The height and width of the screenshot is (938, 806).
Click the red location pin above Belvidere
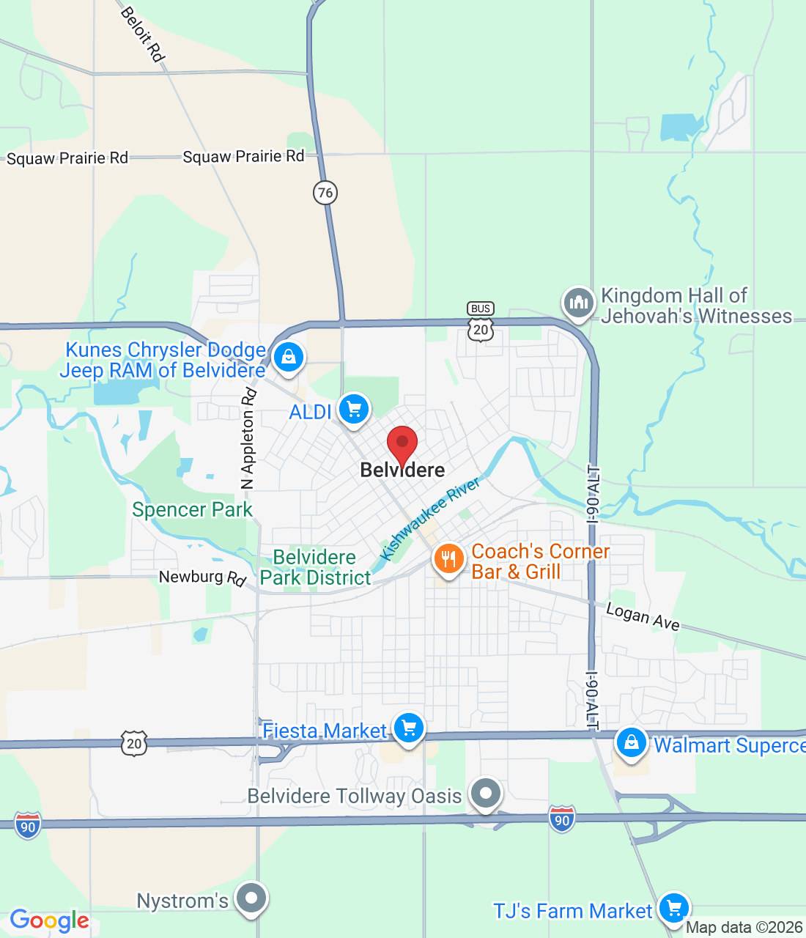pos(402,443)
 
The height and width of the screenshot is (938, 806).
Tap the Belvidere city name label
pos(402,470)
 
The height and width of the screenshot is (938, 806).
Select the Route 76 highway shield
pos(325,193)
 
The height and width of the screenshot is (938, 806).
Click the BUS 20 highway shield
pos(481,322)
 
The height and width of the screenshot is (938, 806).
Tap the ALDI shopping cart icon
pos(354,409)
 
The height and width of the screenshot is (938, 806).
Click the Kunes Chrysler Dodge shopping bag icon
pos(288,358)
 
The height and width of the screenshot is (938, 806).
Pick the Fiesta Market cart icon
pos(409,728)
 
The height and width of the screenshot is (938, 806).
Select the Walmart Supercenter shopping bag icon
pos(631,743)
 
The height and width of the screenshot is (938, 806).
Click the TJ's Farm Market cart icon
pos(673,908)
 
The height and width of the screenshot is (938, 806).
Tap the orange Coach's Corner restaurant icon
pos(448,559)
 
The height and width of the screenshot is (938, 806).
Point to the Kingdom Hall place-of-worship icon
pos(578,302)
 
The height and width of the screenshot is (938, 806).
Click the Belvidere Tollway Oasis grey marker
pos(485,793)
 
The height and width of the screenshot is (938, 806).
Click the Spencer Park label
pos(192,509)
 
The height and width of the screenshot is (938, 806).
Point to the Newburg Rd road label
pos(202,577)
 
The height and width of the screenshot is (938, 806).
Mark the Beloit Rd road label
pos(142,34)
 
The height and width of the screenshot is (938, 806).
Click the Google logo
pos(49,920)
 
